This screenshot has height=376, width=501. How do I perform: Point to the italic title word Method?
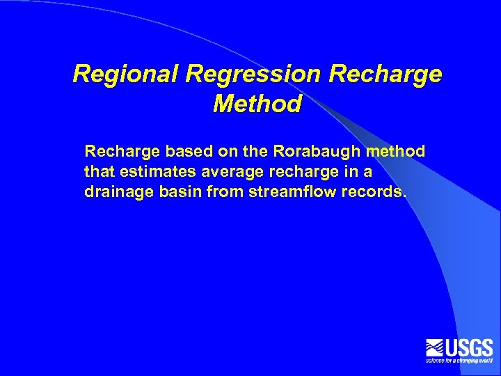coord(257,104)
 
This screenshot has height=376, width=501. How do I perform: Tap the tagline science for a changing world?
coord(459,361)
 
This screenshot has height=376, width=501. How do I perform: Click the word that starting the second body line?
coord(97,171)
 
